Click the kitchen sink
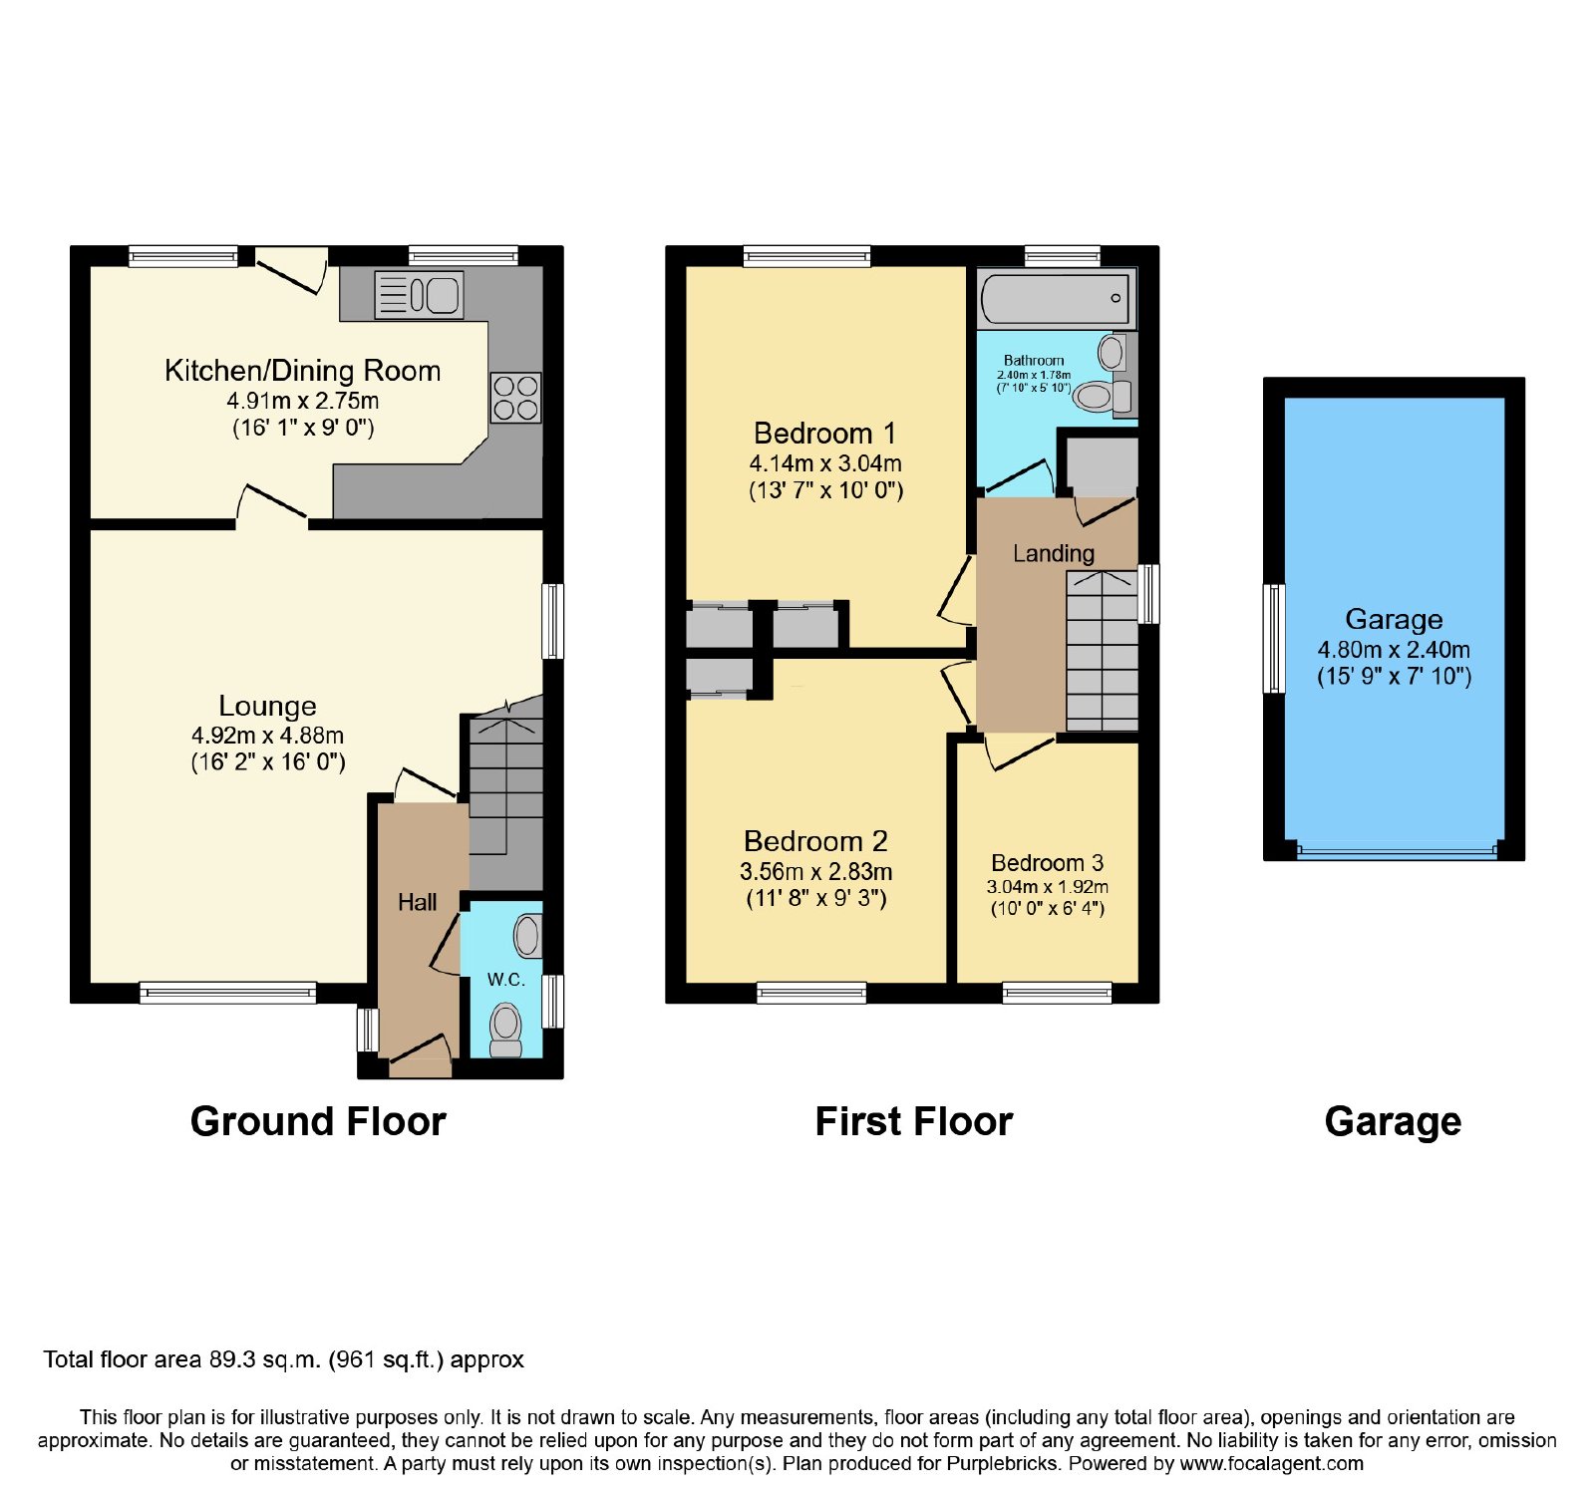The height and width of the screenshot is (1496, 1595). [x=419, y=295]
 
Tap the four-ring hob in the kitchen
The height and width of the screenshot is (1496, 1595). [x=515, y=398]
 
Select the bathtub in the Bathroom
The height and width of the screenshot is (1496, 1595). [x=1057, y=298]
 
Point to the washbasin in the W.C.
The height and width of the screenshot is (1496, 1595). [x=528, y=936]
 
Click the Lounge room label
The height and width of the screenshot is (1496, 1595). [x=267, y=706]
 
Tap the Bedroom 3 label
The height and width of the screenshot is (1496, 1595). [x=1047, y=862]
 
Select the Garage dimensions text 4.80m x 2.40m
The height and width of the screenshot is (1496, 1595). [x=1394, y=650]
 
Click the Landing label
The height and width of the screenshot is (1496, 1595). [x=1054, y=553]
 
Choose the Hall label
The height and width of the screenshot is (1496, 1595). [x=418, y=902]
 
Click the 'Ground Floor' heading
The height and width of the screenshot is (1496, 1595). [x=318, y=1121]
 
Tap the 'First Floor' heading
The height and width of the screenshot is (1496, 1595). [x=914, y=1121]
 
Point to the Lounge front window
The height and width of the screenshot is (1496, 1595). [x=228, y=992]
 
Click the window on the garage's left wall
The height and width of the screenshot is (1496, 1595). [x=1274, y=638]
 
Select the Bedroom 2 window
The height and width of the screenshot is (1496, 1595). [x=811, y=992]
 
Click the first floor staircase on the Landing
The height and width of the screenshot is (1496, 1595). [x=1102, y=651]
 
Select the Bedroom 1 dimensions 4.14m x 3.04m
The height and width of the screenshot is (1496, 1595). [x=825, y=463]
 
